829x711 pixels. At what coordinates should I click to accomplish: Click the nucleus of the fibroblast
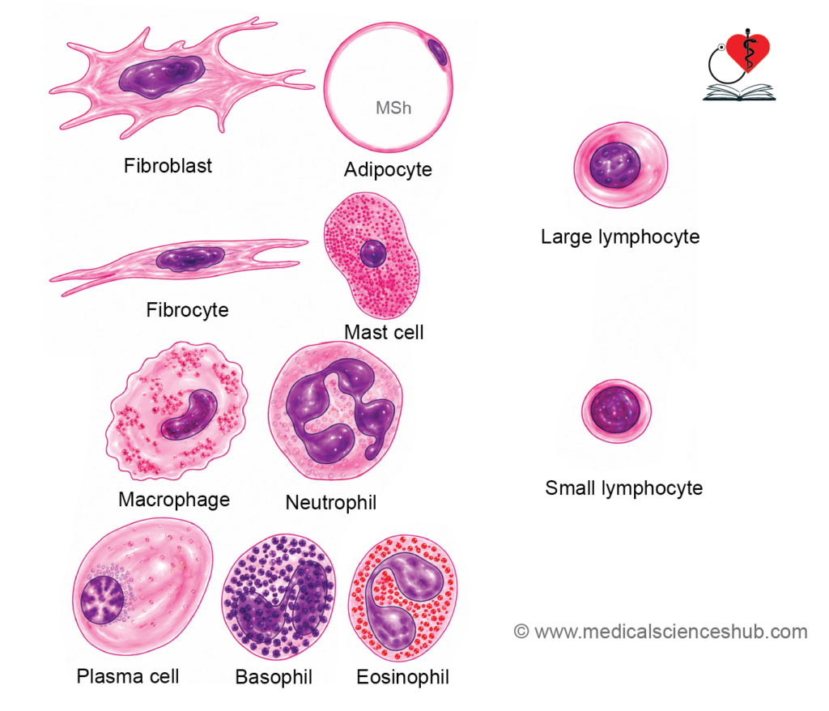tap(161, 77)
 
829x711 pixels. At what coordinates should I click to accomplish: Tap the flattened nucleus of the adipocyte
tap(437, 52)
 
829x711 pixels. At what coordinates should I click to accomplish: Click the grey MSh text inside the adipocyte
tap(393, 108)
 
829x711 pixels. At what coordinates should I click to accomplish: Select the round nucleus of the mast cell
tap(373, 253)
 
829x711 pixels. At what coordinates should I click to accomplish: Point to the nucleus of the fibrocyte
tap(190, 258)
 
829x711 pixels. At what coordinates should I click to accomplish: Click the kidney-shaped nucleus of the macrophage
tap(190, 415)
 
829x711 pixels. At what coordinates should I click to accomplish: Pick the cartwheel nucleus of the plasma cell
tap(103, 599)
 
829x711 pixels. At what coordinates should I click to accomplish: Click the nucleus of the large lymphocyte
tap(615, 165)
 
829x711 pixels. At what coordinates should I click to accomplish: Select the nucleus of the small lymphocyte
tap(615, 410)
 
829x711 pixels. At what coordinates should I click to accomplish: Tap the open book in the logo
tap(739, 92)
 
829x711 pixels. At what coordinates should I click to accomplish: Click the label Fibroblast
tap(168, 165)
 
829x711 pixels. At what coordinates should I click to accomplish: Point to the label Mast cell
tap(384, 332)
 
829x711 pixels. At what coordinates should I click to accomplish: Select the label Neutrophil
tap(331, 503)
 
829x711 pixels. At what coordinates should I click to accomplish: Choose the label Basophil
tap(274, 677)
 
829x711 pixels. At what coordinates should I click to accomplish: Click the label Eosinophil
tap(403, 677)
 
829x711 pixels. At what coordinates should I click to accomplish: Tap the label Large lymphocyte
tap(620, 237)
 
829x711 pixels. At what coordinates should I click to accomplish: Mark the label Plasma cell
tap(128, 677)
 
